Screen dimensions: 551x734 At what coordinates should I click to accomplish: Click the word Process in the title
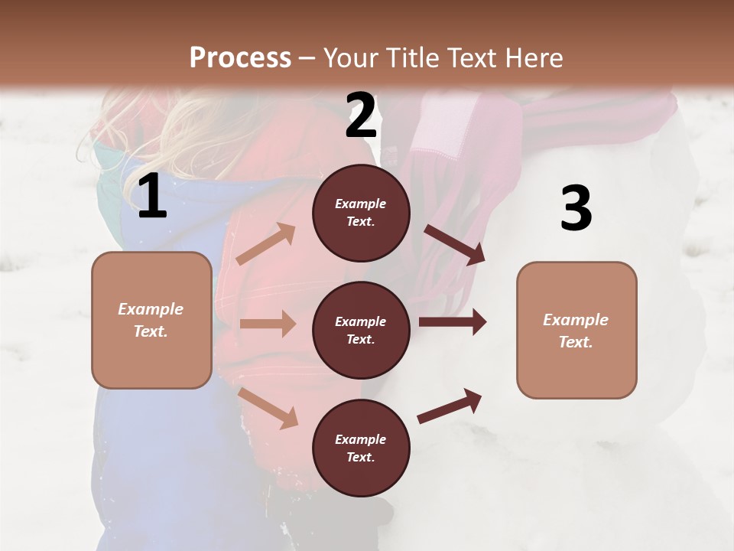coord(240,58)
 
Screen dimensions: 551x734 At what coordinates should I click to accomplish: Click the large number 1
coord(152,197)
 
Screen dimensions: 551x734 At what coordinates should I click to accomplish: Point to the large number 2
coord(361,116)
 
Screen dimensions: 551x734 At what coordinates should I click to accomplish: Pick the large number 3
coord(576,209)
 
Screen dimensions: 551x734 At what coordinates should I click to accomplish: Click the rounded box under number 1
coord(151,320)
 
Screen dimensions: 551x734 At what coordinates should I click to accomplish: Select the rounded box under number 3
coord(576,331)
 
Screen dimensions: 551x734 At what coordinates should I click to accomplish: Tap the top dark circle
coord(361,213)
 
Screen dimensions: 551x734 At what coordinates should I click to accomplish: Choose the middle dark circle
coord(361,331)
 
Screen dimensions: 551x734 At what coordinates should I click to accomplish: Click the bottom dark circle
coord(361,448)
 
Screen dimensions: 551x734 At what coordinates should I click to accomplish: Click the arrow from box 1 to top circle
coord(266,244)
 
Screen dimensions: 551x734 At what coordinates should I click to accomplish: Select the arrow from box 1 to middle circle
coord(268,324)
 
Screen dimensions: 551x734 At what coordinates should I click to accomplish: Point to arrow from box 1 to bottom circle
coord(268,408)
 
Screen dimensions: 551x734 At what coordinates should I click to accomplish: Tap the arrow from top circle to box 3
coord(455,244)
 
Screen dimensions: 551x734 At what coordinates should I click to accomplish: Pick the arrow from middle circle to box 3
coord(453,322)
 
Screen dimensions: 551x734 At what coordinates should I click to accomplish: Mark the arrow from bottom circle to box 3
coord(450,406)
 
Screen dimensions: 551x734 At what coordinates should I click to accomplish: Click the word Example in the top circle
coord(361,204)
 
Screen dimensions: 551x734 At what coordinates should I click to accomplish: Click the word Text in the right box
coord(574,342)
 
